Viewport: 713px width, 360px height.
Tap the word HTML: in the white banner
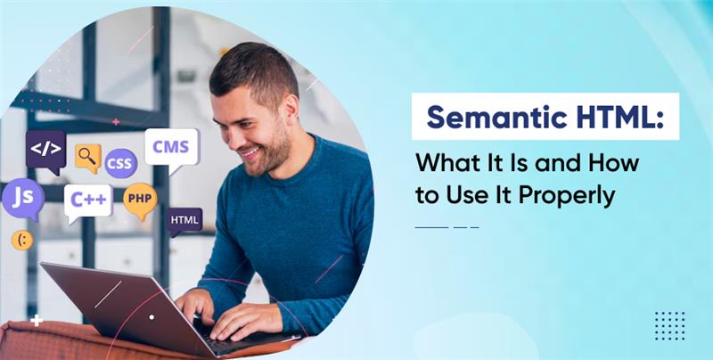[x=614, y=118]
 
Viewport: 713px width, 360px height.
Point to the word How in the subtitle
[x=615, y=163]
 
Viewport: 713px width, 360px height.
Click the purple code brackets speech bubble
[x=45, y=151]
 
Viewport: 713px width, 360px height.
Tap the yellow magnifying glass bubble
[x=87, y=158]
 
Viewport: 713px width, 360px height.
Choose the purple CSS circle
[x=121, y=163]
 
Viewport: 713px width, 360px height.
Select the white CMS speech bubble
[x=171, y=149]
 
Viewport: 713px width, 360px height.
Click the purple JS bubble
[x=23, y=199]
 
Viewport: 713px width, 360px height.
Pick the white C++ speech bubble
[x=88, y=201]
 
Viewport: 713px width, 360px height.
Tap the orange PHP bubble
[x=140, y=200]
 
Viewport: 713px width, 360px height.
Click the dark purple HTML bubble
[x=184, y=221]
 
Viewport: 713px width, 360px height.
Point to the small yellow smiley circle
[x=21, y=240]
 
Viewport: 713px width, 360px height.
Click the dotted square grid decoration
[x=669, y=325]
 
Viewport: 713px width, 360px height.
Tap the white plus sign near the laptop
[x=37, y=321]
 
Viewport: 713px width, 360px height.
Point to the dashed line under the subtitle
[x=447, y=227]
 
